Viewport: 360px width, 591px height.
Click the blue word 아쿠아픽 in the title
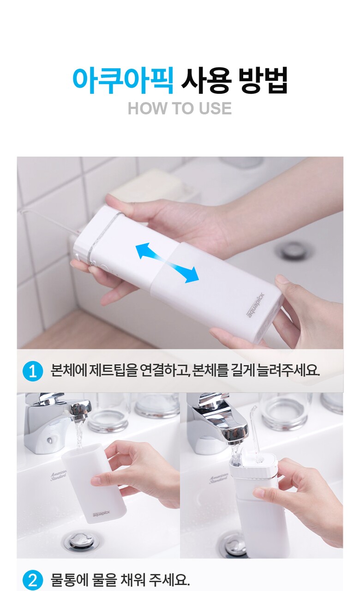click(x=123, y=80)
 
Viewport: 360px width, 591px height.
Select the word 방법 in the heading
click(x=263, y=80)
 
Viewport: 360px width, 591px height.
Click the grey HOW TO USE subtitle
click(x=180, y=109)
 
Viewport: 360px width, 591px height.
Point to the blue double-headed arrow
click(x=167, y=263)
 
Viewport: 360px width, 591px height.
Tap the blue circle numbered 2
click(x=33, y=580)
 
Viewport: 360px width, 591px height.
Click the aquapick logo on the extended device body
click(x=255, y=305)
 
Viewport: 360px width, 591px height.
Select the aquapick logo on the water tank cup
click(x=101, y=514)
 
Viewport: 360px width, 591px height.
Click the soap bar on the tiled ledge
click(x=146, y=189)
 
